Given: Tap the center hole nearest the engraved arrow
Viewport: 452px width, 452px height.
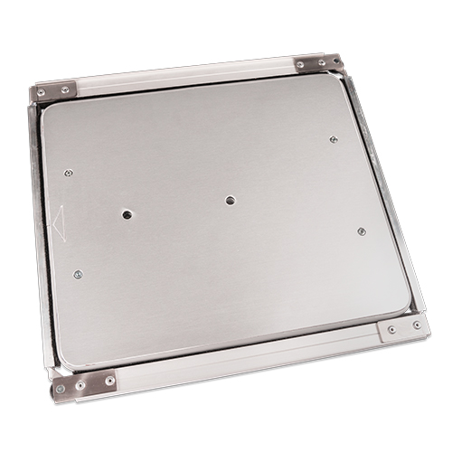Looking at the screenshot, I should [127, 214].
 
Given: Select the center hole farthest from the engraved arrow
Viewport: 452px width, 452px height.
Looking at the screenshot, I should [231, 200].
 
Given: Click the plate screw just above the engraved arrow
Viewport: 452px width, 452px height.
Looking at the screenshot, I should [69, 173].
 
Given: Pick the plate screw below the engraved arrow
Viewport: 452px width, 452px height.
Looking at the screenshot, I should [78, 274].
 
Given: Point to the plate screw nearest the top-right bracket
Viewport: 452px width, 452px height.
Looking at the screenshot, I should [334, 139].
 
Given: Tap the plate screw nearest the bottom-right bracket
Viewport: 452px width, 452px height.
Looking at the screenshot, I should [362, 231].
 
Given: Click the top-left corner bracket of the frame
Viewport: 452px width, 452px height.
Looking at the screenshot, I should [55, 92].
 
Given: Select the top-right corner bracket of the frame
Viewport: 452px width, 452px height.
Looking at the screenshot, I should [318, 62].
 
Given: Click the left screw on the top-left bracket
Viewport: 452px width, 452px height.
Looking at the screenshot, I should [41, 93].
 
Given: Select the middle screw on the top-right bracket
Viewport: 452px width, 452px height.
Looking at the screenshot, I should [321, 62].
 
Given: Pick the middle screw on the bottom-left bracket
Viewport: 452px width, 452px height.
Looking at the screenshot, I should [80, 384].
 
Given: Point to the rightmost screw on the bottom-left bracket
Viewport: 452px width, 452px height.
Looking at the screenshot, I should [109, 381].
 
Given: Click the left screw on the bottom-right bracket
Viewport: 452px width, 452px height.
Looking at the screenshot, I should [391, 330].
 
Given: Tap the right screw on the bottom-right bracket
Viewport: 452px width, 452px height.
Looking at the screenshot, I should [416, 325].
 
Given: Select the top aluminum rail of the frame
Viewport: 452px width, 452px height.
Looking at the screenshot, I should [181, 75].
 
